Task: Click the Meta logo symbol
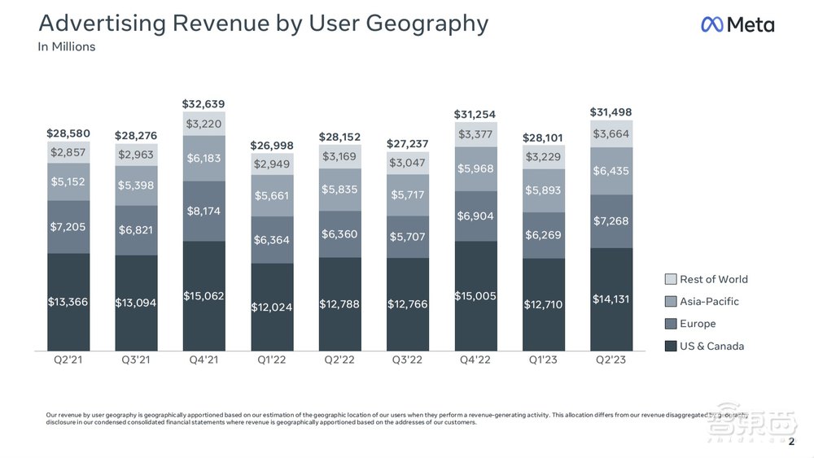point(711,24)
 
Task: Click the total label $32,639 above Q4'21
point(203,104)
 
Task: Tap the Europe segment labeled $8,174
point(203,211)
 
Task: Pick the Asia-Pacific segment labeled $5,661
point(272,195)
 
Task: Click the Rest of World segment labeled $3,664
point(610,134)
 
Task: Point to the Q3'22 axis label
point(407,360)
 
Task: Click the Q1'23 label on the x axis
point(542,360)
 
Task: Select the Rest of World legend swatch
point(671,279)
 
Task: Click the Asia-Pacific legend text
point(709,301)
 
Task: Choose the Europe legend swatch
point(671,324)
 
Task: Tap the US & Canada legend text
point(711,346)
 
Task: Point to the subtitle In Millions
point(67,46)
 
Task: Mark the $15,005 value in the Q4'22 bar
point(475,296)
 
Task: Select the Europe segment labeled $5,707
point(407,237)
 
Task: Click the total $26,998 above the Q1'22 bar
point(272,146)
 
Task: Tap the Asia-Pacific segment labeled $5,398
point(136,185)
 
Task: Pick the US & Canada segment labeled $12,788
point(339,304)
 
